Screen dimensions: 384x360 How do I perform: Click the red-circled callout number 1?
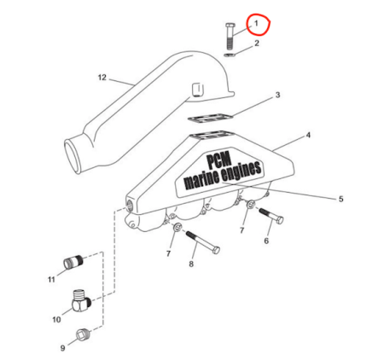pos(256,23)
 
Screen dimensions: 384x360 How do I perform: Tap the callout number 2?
pos(257,44)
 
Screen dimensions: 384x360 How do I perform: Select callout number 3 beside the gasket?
pos(277,95)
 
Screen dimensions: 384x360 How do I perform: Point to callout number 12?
pos(102,78)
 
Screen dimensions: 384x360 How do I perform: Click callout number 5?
pos(340,199)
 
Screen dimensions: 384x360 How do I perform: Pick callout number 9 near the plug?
pos(63,348)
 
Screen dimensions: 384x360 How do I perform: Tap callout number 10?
pos(56,320)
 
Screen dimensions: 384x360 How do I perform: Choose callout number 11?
pos(51,280)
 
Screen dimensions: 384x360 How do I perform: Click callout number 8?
pos(191,264)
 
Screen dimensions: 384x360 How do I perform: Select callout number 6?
pos(266,241)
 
